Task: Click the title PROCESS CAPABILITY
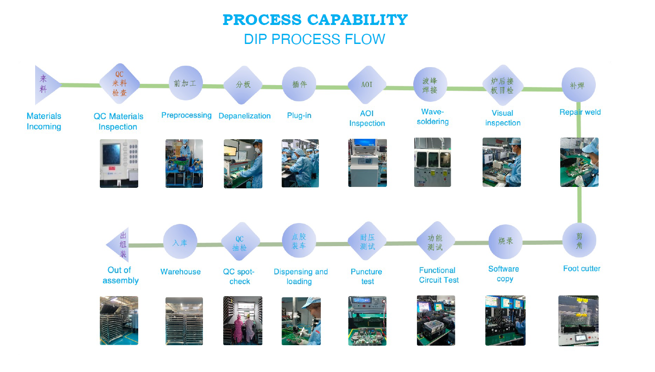pyautogui.click(x=315, y=20)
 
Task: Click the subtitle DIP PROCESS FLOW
pyautogui.click(x=314, y=39)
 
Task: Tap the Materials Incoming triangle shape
pyautogui.click(x=45, y=85)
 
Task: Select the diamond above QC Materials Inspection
pyautogui.click(x=120, y=84)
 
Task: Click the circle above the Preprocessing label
pyautogui.click(x=185, y=83)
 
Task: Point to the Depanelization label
pyautogui.click(x=245, y=116)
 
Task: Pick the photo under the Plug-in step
pyautogui.click(x=300, y=163)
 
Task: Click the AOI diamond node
pyautogui.click(x=367, y=85)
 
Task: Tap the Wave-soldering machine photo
pyautogui.click(x=432, y=162)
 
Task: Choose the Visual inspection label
pyautogui.click(x=502, y=118)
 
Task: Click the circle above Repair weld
pyautogui.click(x=578, y=85)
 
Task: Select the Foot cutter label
pyautogui.click(x=582, y=268)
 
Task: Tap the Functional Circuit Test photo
pyautogui.click(x=436, y=320)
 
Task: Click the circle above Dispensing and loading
pyautogui.click(x=299, y=241)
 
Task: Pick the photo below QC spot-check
pyautogui.click(x=243, y=320)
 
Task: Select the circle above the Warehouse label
pyautogui.click(x=180, y=242)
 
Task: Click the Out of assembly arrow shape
pyautogui.click(x=119, y=245)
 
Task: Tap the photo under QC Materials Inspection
pyautogui.click(x=119, y=163)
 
